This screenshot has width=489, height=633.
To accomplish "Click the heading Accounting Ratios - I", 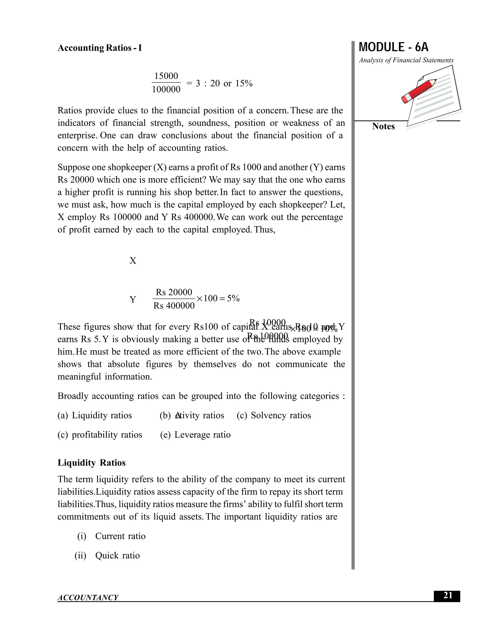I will pyautogui.click(x=100, y=48).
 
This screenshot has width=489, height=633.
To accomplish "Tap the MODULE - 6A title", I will pyautogui.click(x=393, y=47).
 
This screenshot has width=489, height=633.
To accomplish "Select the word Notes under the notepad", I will pyautogui.click(x=383, y=126).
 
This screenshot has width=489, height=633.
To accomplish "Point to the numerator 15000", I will pyautogui.click(x=166, y=76).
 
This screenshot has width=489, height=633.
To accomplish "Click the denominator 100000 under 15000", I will pyautogui.click(x=166, y=90).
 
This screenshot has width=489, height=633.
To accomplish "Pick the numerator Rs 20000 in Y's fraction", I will pyautogui.click(x=174, y=292).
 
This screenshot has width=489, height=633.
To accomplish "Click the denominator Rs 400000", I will pyautogui.click(x=174, y=306).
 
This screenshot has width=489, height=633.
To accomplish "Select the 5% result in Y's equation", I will pyautogui.click(x=233, y=299).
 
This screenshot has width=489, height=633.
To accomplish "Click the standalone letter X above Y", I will pyautogui.click(x=133, y=261).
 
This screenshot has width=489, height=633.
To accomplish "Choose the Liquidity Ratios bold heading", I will pyautogui.click(x=91, y=463).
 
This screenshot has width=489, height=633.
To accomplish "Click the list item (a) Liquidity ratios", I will pyautogui.click(x=95, y=415).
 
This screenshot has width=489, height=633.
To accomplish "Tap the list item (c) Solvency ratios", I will pyautogui.click(x=274, y=415).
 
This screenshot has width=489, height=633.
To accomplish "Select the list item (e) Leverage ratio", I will pyautogui.click(x=196, y=435).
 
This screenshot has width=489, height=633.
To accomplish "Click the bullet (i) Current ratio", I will pyautogui.click(x=111, y=536).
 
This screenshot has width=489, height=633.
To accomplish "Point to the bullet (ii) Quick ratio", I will pyautogui.click(x=107, y=556).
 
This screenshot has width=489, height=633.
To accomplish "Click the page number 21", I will pyautogui.click(x=448, y=595).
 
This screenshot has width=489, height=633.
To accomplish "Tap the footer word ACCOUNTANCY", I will pyautogui.click(x=88, y=598).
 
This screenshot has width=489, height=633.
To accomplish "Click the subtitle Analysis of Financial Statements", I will pyautogui.click(x=406, y=60).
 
